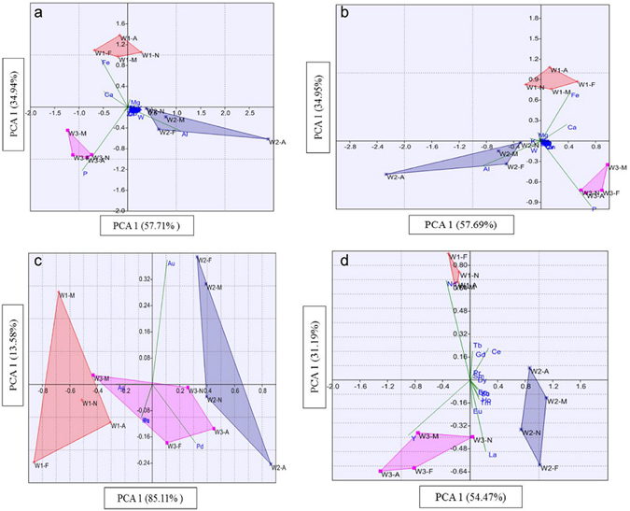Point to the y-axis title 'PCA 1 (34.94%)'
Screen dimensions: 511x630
[x=15, y=104]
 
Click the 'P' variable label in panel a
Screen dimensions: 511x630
[x=85, y=174]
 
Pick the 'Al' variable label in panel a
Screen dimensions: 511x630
[x=185, y=135]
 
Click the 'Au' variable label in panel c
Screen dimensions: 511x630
[x=172, y=263]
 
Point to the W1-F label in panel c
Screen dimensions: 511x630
[x=42, y=464]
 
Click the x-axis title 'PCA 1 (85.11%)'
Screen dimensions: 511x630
[x=153, y=496]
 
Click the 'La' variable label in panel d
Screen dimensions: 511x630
[x=492, y=455]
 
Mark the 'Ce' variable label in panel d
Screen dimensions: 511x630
[x=497, y=352]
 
